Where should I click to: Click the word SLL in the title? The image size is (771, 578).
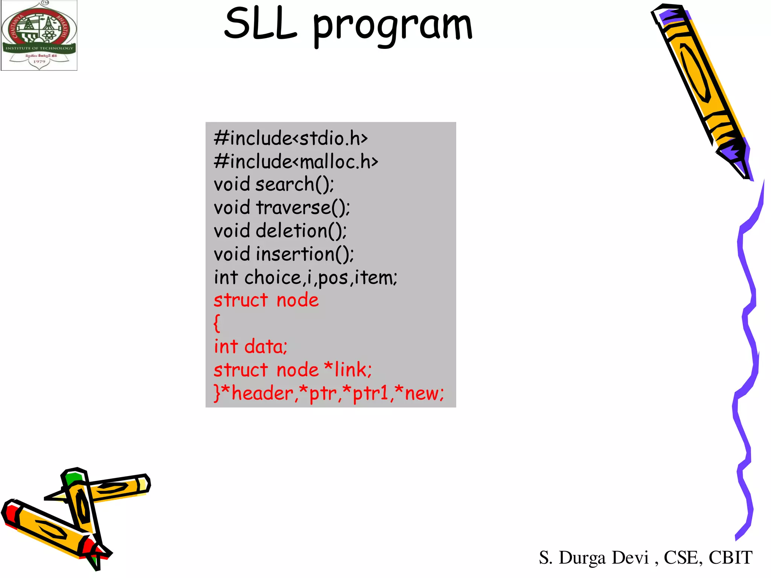tap(261, 25)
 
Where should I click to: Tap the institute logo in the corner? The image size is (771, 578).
tap(39, 35)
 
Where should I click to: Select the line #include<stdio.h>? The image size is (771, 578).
tap(291, 138)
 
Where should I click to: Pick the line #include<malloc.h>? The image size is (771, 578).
tap(296, 161)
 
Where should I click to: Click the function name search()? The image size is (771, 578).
tap(294, 184)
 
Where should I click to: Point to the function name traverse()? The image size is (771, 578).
tap(303, 208)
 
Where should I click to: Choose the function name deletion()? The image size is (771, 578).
tap(301, 231)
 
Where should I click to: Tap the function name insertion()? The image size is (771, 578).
tap(305, 254)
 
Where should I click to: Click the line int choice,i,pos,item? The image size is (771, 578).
tap(305, 278)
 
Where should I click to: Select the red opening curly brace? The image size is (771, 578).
tap(216, 323)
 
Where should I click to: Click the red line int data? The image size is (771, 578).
tap(250, 347)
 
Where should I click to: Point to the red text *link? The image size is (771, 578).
tap(348, 370)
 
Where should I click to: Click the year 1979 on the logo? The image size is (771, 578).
tap(39, 61)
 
